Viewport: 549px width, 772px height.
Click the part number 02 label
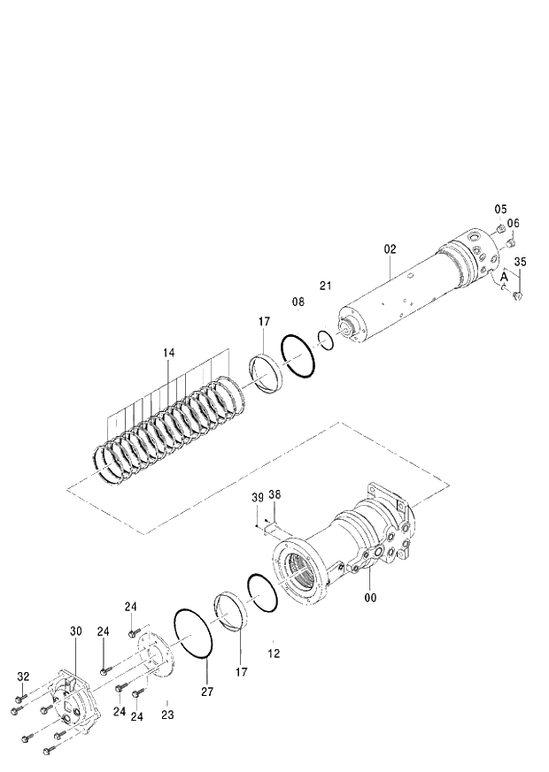[390, 249]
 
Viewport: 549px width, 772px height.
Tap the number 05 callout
[500, 210]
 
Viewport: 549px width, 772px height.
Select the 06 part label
[514, 223]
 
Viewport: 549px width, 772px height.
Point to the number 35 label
[520, 263]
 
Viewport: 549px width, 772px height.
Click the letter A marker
[504, 276]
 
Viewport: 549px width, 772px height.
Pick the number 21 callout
[325, 285]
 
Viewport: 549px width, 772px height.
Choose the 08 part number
[298, 302]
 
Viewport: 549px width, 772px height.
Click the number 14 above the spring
[168, 353]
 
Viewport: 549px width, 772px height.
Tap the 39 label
[257, 498]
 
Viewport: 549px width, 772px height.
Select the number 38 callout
[274, 495]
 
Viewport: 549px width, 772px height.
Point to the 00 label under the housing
[370, 598]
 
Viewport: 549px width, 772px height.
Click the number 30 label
[75, 631]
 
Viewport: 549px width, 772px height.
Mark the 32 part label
[23, 676]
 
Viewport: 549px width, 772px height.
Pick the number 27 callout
[206, 692]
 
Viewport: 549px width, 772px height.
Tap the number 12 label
[274, 654]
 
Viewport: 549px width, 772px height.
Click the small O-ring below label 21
[325, 340]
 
